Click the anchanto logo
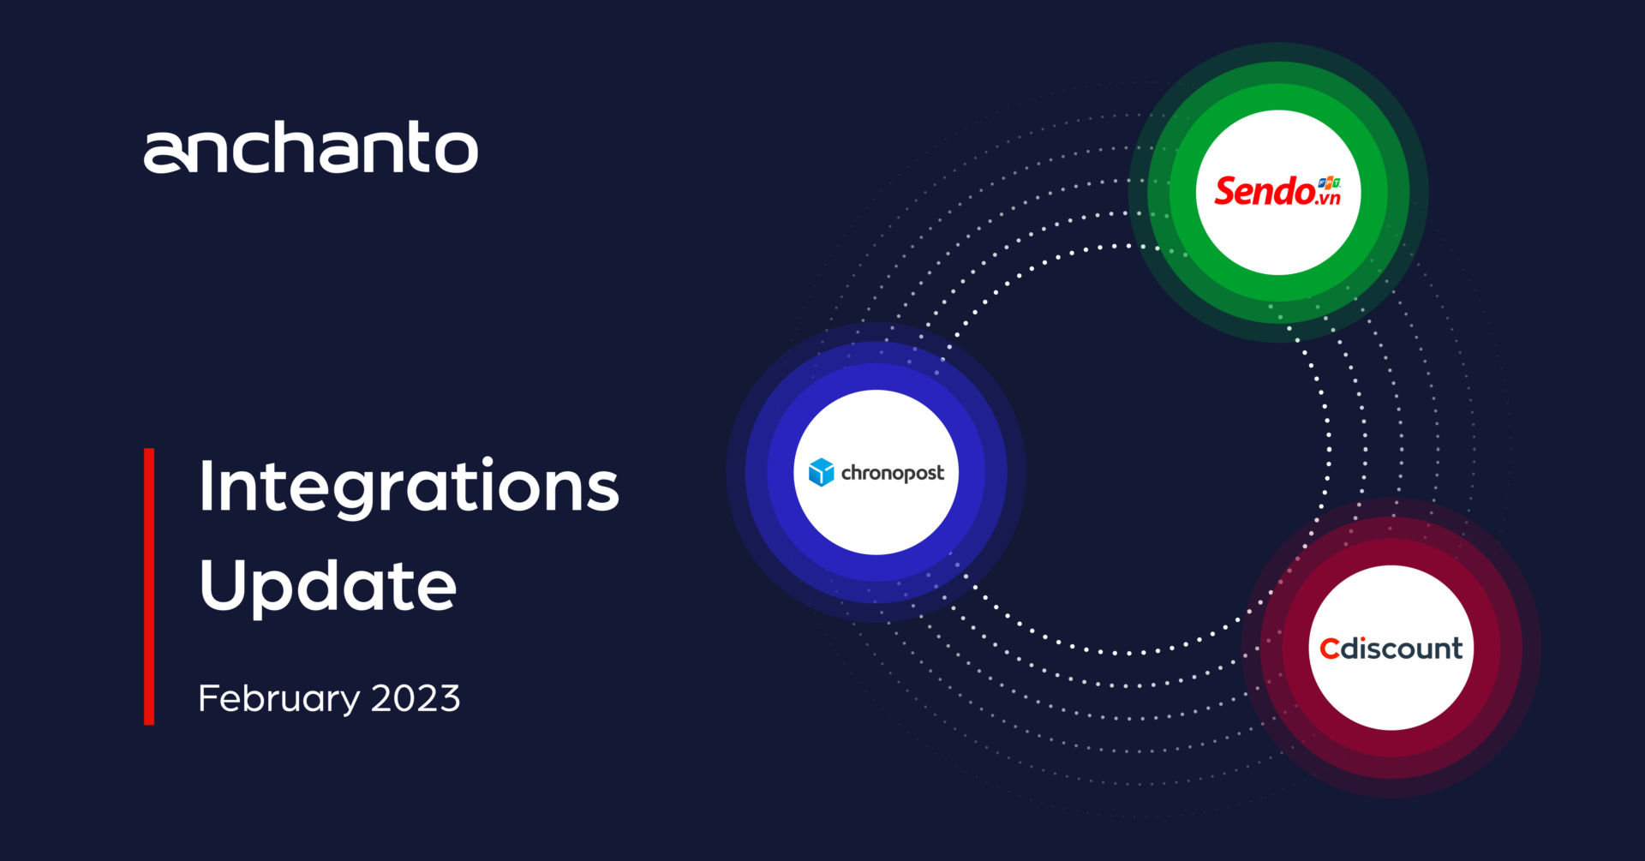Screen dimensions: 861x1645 pos(310,147)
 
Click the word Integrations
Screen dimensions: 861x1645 pos(409,487)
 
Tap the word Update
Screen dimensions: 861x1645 pos(327,587)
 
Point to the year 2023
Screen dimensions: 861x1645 pos(416,698)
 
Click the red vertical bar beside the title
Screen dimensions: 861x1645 pos(149,586)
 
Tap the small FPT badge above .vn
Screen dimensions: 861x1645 pos(1329,182)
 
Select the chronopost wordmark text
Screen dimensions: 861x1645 pos(892,473)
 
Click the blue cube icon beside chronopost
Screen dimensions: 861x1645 pos(821,472)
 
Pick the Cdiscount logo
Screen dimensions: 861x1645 pos(1391,649)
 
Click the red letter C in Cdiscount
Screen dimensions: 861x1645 pos(1329,649)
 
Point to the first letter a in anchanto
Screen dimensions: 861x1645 pos(165,153)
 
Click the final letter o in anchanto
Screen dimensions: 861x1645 pos(456,152)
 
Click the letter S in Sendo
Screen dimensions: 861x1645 pos(1227,191)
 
